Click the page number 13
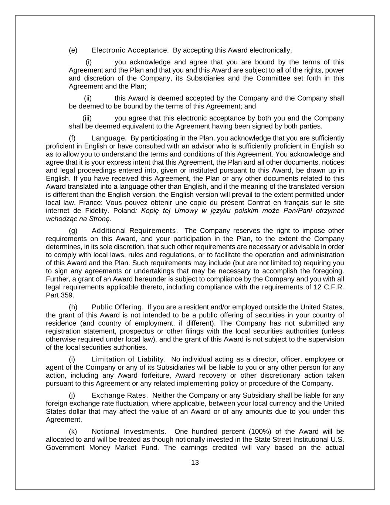tap(195, 462)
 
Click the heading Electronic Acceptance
tap(130, 50)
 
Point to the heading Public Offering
tap(117, 307)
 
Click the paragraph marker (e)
tap(73, 50)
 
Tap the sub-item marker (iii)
tap(87, 118)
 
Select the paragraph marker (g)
tap(73, 231)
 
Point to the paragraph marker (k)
tap(73, 432)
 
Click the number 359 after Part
tap(67, 295)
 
